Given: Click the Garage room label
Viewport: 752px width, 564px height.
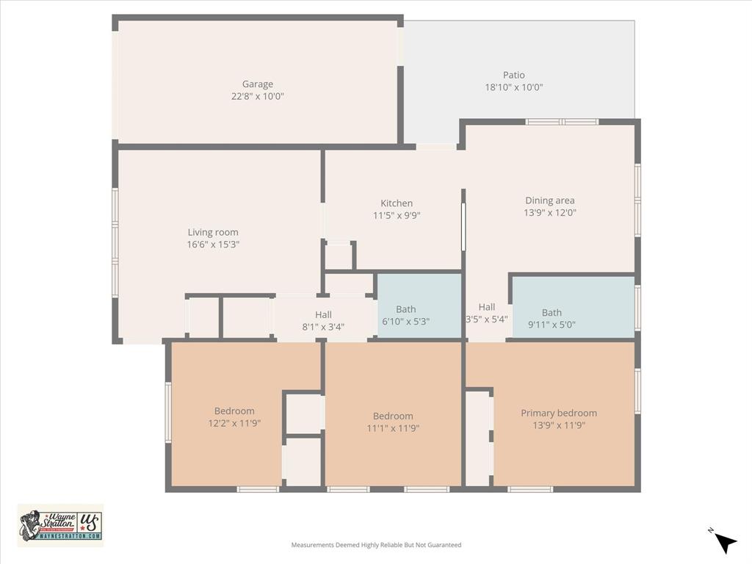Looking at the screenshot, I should click(x=258, y=84).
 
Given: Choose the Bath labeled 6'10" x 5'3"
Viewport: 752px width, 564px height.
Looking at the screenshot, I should click(x=406, y=315).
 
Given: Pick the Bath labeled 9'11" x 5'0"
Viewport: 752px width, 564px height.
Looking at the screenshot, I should click(x=552, y=319).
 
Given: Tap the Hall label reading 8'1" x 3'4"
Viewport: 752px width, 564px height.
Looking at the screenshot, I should click(x=324, y=321).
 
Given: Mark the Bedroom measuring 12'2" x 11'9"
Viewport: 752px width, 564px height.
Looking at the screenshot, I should click(x=234, y=417).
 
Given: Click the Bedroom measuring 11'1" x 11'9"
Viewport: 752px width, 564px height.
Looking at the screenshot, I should click(x=393, y=422).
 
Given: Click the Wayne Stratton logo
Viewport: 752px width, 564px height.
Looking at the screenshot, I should click(x=61, y=525).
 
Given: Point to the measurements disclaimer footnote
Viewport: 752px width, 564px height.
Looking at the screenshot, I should click(x=376, y=545).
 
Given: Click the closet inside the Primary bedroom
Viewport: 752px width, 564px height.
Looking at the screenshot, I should click(x=478, y=438).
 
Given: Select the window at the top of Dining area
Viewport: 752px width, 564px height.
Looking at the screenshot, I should click(x=563, y=122).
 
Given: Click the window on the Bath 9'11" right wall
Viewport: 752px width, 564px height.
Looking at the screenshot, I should click(x=637, y=307).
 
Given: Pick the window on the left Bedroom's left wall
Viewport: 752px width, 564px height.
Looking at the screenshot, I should click(x=168, y=413).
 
